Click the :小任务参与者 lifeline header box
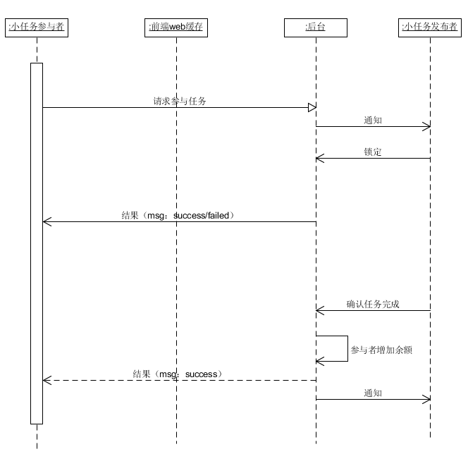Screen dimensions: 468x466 pos(37,27)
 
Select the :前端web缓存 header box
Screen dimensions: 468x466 pos(176,27)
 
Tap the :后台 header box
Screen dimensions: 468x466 pos(316,27)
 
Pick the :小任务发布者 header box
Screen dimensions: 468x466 pos(430,27)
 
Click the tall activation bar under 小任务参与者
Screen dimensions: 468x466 pos(37,243)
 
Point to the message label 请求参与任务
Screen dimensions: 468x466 pos(180,102)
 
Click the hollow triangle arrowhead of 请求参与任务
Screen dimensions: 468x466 pos(312,107)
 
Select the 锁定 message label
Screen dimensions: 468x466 pos(373,152)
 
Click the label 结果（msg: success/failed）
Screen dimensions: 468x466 pos(178,215)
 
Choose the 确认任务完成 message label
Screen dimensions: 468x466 pos(373,304)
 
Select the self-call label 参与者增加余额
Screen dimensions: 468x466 pos(381,350)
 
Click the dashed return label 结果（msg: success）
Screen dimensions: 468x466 pos(178,374)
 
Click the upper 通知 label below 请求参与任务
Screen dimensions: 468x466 pos(373,121)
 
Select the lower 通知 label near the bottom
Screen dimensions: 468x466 pos(373,393)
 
